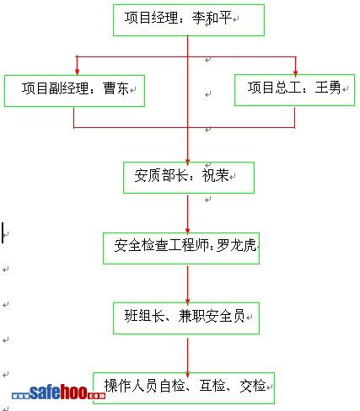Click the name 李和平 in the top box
(212, 18)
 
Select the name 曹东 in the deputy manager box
(116, 88)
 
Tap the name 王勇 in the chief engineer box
(328, 88)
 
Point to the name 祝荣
(215, 175)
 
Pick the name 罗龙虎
(236, 245)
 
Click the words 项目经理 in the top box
(151, 18)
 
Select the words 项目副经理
(56, 88)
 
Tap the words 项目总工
(274, 88)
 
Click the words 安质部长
(161, 175)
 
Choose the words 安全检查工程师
(161, 245)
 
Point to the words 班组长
(144, 316)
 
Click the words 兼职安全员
(212, 316)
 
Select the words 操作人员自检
(144, 386)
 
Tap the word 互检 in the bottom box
(212, 386)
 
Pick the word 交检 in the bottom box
(253, 386)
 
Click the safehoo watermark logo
(58, 392)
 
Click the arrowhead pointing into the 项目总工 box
(295, 72)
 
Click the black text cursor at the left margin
(3, 232)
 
